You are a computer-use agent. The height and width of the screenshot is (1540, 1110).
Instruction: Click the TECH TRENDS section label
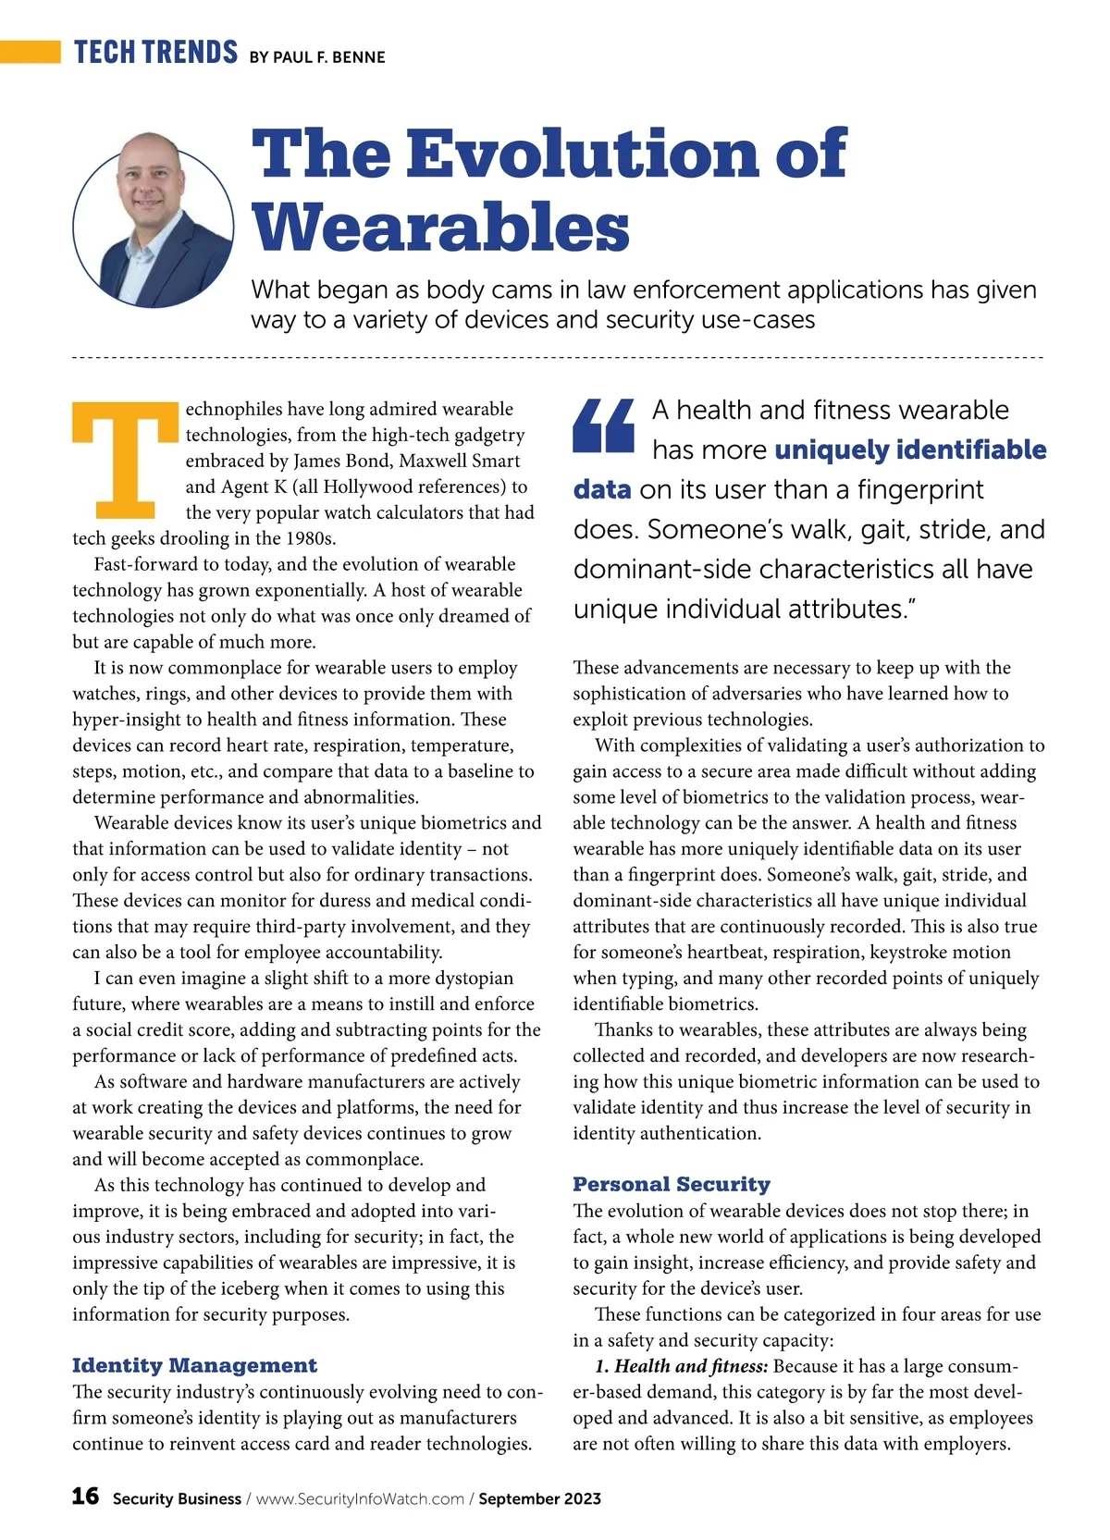[x=155, y=53]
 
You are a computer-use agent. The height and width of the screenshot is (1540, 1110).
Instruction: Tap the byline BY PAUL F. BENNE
[x=316, y=57]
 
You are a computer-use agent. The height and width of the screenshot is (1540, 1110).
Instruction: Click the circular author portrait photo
[x=154, y=219]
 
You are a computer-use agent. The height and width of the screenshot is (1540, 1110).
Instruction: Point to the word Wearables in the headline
[x=440, y=227]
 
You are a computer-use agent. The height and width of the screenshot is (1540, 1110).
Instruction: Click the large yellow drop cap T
[x=125, y=460]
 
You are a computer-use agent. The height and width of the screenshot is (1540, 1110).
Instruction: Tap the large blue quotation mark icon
[x=603, y=425]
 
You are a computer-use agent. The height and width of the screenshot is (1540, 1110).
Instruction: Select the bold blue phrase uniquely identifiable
[x=910, y=450]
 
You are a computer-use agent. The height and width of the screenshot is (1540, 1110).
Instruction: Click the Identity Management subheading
[x=194, y=1365]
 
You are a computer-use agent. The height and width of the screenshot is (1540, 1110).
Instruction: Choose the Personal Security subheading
[x=671, y=1184]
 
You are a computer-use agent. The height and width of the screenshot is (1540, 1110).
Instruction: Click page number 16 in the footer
[x=85, y=1496]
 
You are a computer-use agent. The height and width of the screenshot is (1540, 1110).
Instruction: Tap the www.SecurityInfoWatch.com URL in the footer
[x=360, y=1498]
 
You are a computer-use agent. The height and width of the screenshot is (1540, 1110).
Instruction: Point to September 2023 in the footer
[x=539, y=1498]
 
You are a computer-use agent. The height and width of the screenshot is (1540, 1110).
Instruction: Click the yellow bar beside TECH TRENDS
[x=30, y=52]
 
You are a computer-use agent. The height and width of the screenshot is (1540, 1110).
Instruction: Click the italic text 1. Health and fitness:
[x=681, y=1366]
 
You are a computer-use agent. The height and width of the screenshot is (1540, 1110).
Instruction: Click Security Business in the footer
[x=177, y=1498]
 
